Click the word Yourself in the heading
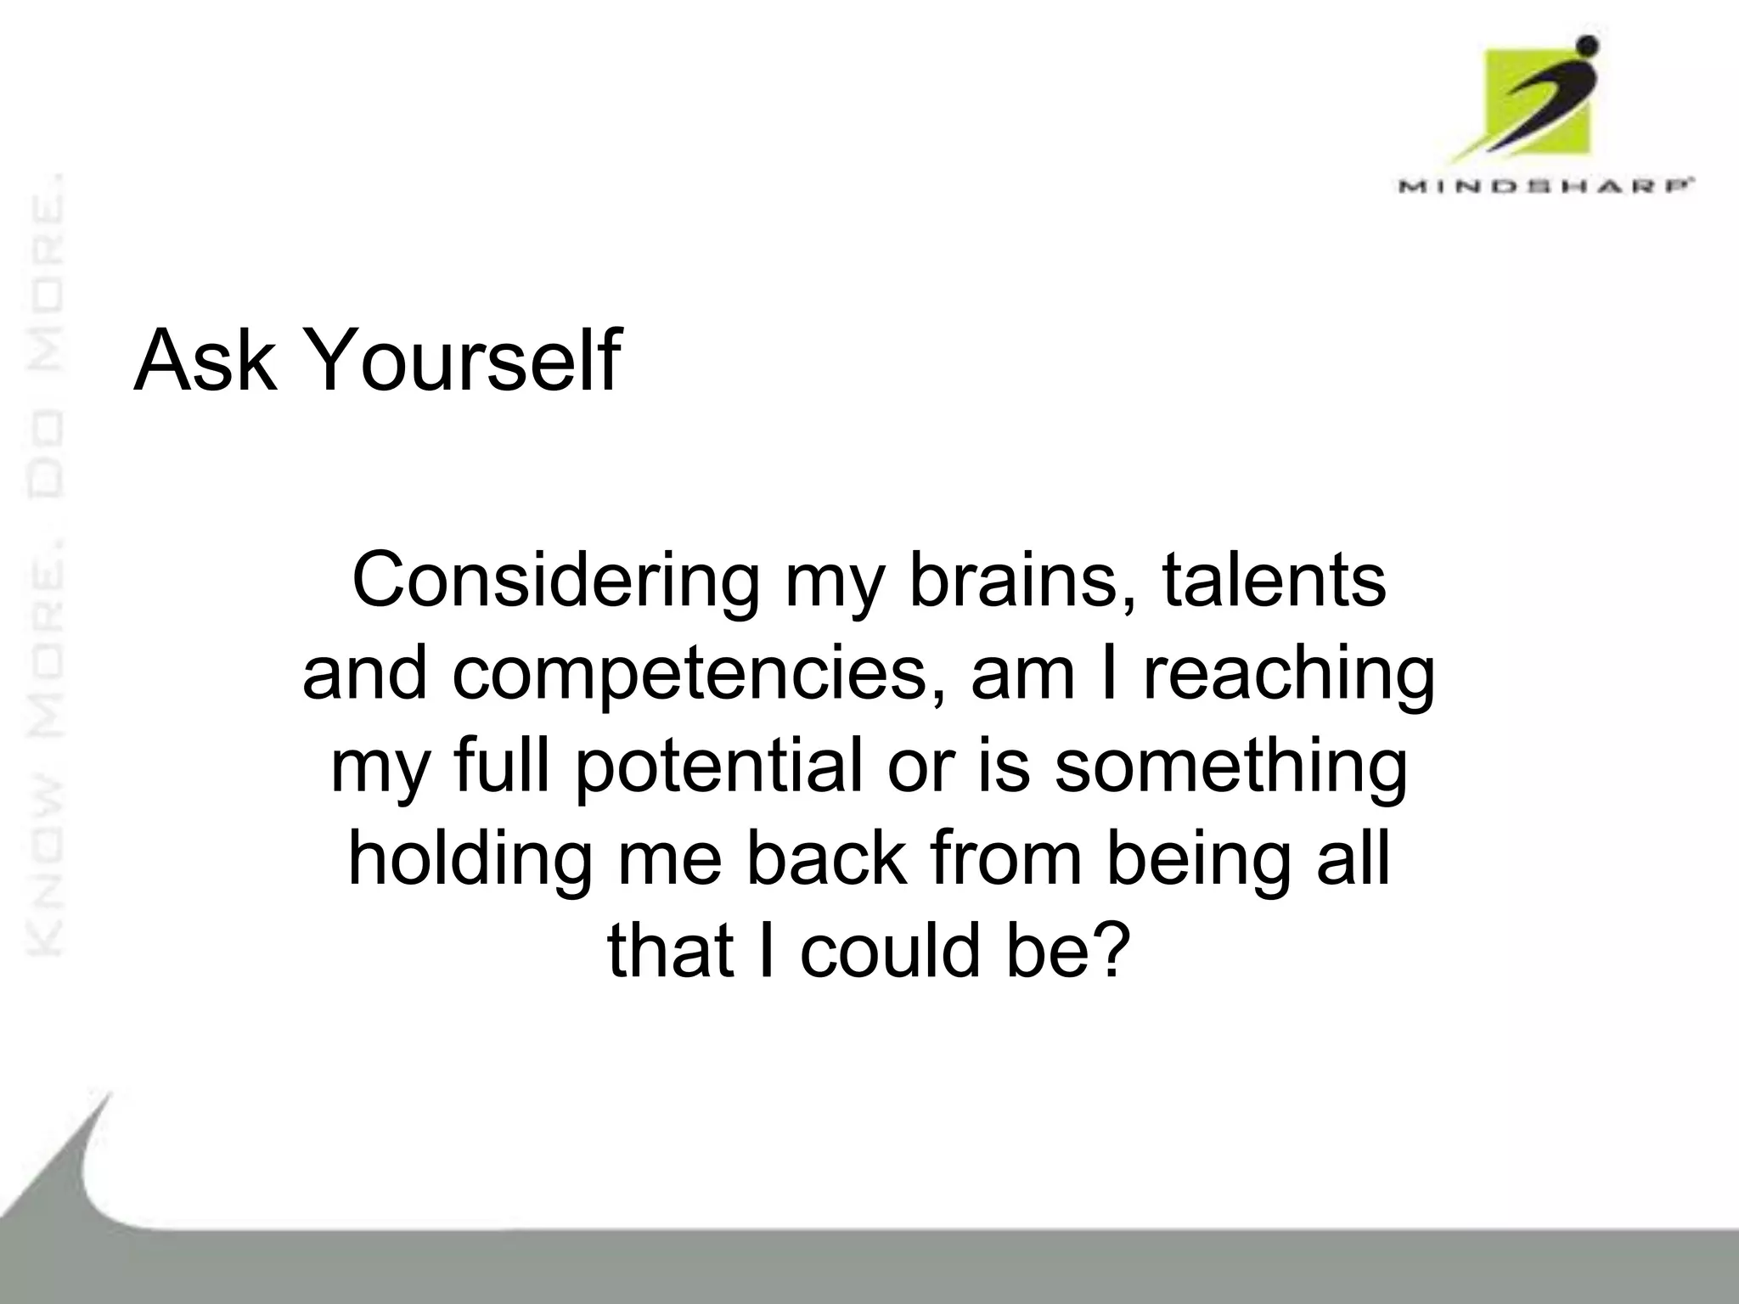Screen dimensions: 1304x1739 (x=461, y=362)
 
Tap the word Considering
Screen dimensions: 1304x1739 (x=555, y=582)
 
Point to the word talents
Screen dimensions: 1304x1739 (x=1274, y=582)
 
